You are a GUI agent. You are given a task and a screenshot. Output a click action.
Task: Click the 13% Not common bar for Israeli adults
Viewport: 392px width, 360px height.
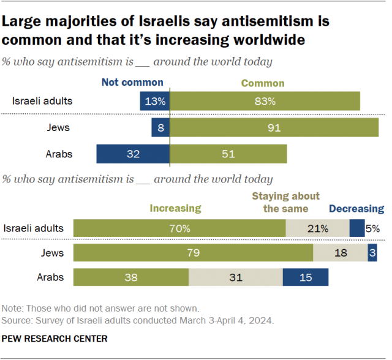(x=154, y=102)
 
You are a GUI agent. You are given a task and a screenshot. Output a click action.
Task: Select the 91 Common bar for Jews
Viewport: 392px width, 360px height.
(x=274, y=128)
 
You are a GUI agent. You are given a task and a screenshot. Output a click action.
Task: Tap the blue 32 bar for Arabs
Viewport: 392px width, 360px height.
(x=133, y=154)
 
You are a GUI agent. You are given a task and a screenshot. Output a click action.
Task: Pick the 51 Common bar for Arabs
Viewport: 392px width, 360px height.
(x=228, y=154)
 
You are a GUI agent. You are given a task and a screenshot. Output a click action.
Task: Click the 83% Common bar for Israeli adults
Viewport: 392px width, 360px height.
(x=265, y=102)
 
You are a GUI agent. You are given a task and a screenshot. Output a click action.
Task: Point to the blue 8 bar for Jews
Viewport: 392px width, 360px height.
(x=160, y=128)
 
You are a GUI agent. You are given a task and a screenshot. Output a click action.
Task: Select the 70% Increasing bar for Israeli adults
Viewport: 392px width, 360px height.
(x=179, y=228)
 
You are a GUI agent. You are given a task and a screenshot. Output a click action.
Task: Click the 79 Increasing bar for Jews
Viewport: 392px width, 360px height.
(x=193, y=253)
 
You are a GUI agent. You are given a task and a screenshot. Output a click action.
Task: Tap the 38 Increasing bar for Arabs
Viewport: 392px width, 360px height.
(x=131, y=277)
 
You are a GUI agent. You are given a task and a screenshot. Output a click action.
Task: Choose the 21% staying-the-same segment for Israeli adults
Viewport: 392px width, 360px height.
(x=317, y=228)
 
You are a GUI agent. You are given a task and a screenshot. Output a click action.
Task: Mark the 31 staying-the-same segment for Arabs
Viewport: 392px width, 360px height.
(x=235, y=277)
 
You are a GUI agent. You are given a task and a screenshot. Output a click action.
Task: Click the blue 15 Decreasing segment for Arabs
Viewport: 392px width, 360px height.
(x=306, y=277)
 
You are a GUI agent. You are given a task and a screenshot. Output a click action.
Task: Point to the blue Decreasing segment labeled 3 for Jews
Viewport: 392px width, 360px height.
(x=372, y=253)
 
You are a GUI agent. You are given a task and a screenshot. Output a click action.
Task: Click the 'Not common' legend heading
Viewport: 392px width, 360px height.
(x=132, y=82)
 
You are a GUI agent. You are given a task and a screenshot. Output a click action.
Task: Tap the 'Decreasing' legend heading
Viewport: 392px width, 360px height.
(x=356, y=209)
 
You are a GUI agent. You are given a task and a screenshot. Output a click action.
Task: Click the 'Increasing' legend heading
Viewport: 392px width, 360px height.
(x=176, y=208)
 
